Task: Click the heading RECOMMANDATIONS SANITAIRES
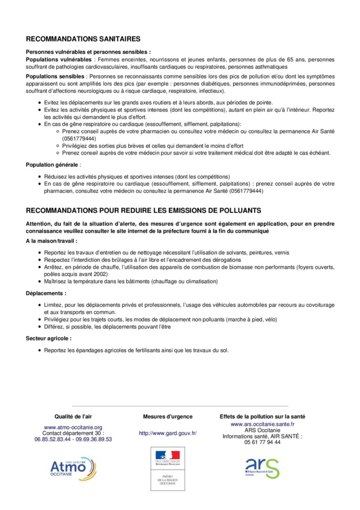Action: (83, 39)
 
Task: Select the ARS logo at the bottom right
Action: (262, 467)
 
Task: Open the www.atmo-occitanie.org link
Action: (73, 427)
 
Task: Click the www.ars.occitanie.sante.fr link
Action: (262, 424)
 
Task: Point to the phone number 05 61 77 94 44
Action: (262, 442)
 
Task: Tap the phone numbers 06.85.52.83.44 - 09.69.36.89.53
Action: (73, 439)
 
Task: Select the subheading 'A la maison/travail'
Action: (51, 241)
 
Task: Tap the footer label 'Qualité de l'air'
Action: (73, 416)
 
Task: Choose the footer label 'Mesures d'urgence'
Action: (168, 416)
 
